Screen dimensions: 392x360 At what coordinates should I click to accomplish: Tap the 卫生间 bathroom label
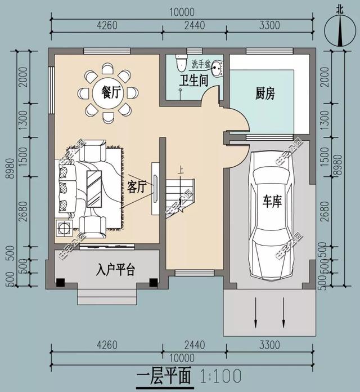pyautogui.click(x=193, y=80)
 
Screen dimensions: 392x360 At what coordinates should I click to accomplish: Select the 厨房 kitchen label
pyautogui.click(x=265, y=93)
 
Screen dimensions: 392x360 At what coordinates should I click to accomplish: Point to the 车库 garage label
pyautogui.click(x=272, y=202)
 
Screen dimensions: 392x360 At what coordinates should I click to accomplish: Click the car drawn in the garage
pyautogui.click(x=272, y=214)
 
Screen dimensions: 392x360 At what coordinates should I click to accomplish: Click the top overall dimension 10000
pyautogui.click(x=181, y=11)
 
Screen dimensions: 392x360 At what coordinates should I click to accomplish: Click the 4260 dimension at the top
pyautogui.click(x=107, y=25)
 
